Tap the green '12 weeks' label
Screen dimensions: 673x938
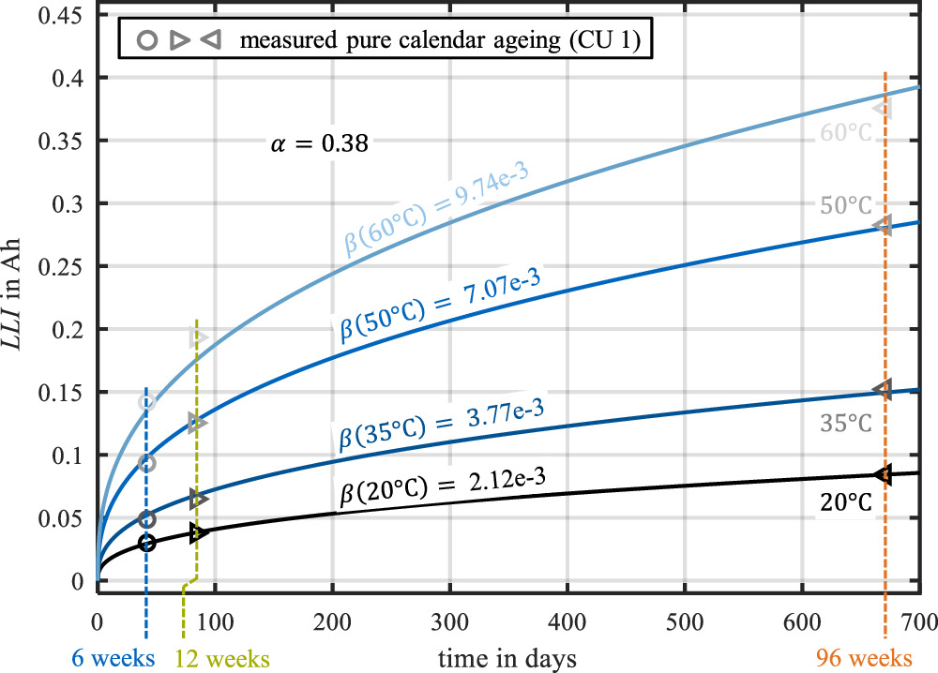(224, 657)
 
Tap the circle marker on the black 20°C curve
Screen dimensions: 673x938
(146, 543)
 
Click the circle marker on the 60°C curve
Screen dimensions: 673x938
(146, 402)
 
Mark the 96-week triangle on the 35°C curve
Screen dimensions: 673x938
(883, 389)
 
